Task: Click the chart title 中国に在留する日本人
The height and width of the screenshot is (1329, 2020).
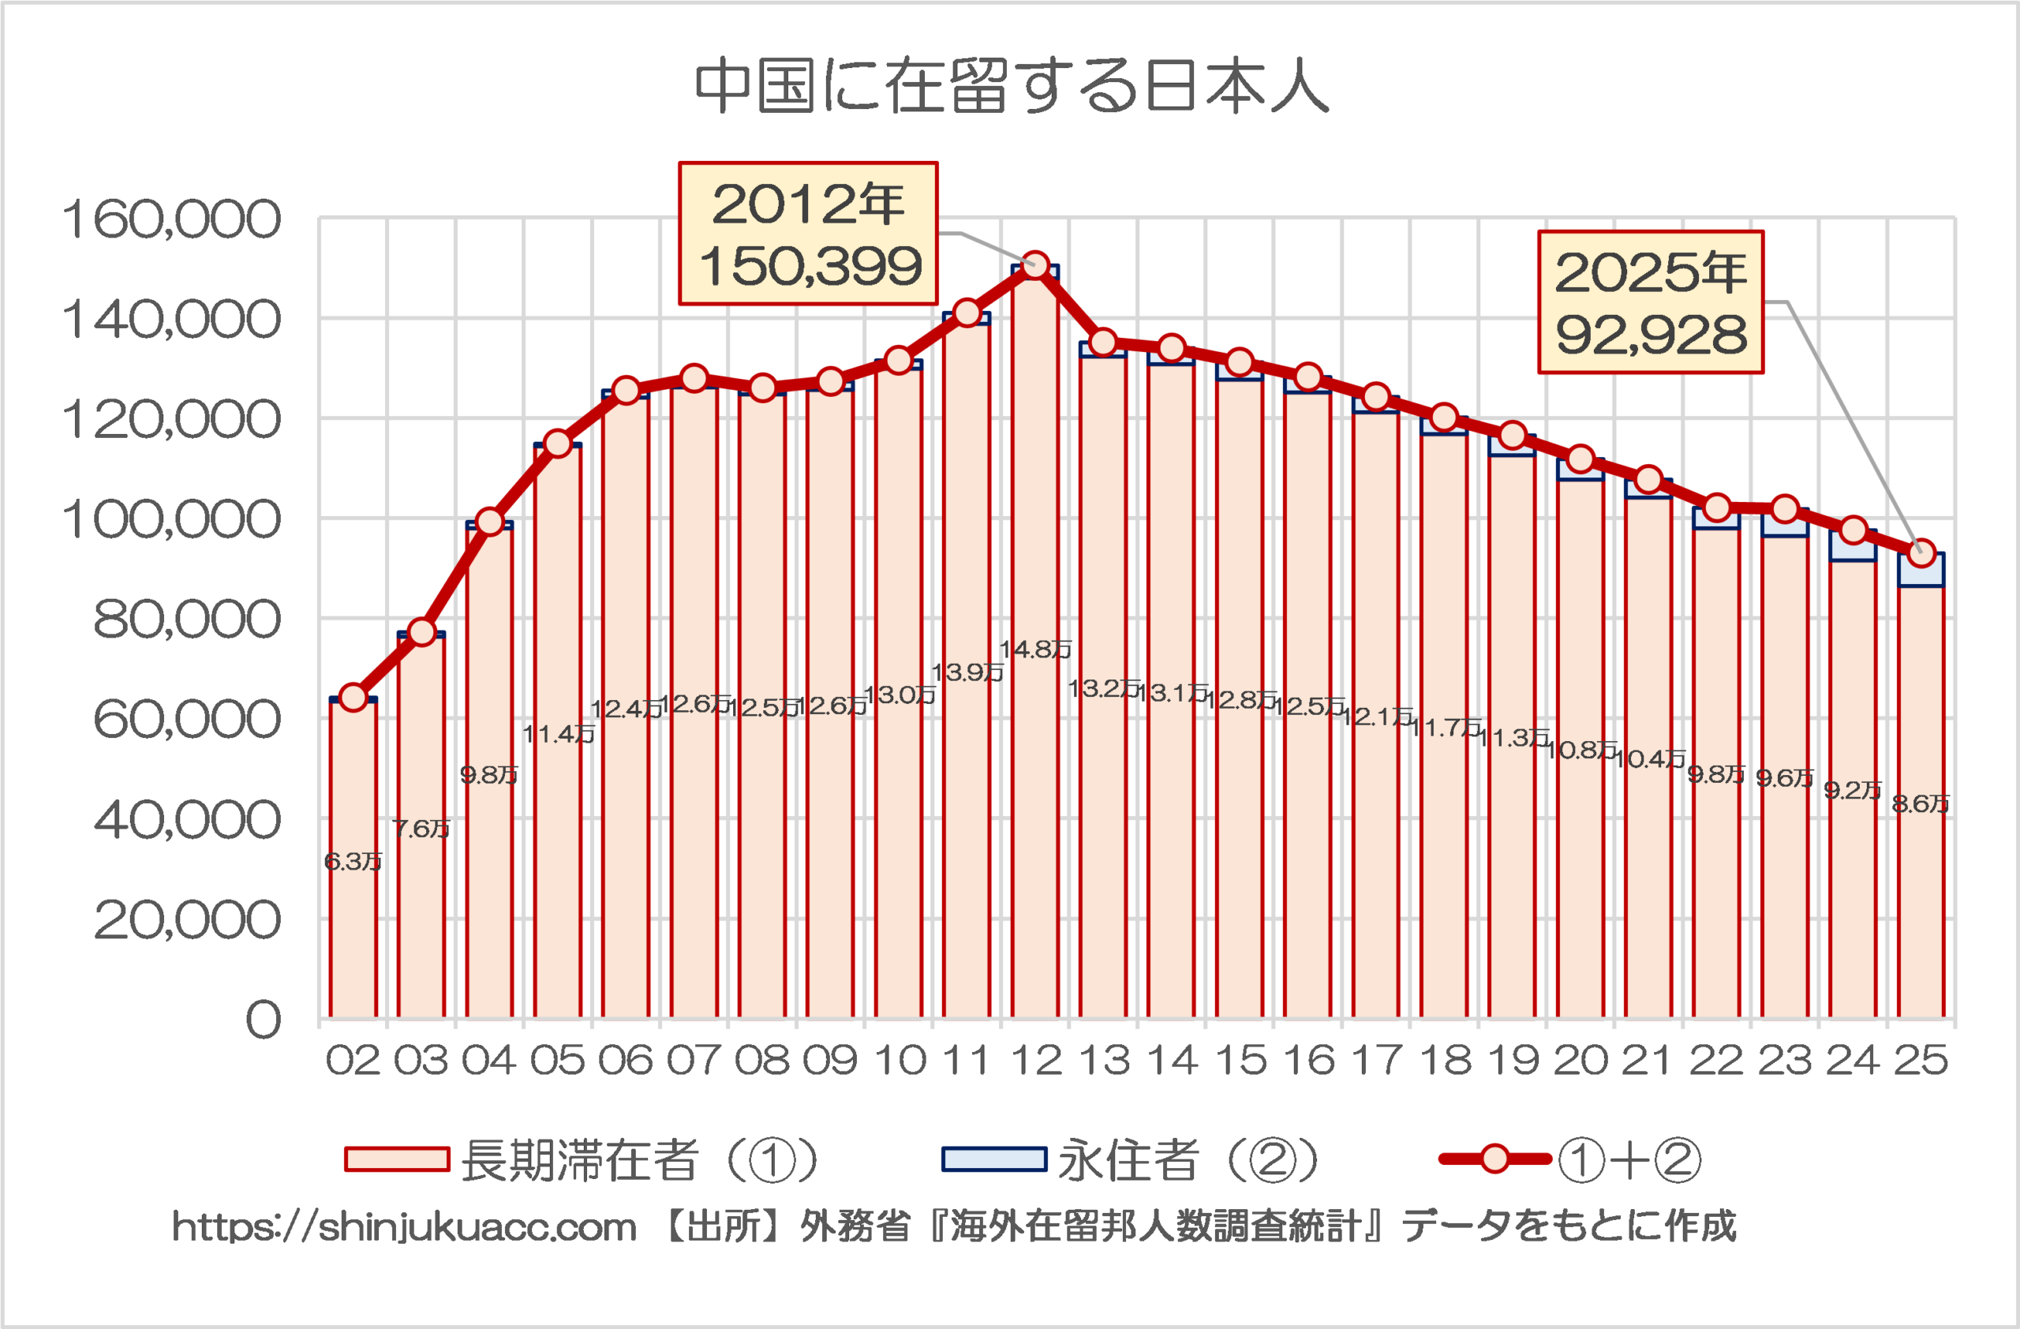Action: (x=1011, y=87)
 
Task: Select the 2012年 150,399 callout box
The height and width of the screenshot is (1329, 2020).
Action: (x=808, y=234)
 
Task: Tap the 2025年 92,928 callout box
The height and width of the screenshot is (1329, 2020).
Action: (x=1651, y=302)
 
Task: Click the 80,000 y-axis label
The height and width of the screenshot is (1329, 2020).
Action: (x=187, y=620)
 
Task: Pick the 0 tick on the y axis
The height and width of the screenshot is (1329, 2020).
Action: (x=263, y=1019)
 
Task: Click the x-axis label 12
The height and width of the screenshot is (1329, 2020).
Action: (x=1036, y=1061)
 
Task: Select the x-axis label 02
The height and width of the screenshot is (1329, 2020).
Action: (x=353, y=1061)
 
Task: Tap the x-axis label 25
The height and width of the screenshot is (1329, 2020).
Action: (x=1921, y=1061)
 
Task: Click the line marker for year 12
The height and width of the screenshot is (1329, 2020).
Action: (x=1034, y=266)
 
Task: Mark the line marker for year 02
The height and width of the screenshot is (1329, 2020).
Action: (x=353, y=698)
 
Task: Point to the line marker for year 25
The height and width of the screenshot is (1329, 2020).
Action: (x=1921, y=554)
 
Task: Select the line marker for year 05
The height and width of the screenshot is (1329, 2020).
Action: (x=558, y=444)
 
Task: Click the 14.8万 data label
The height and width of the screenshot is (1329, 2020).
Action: (x=1035, y=650)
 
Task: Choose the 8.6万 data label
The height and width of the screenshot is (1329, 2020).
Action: (x=1921, y=803)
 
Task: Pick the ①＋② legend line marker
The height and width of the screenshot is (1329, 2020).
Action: (x=1494, y=1159)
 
